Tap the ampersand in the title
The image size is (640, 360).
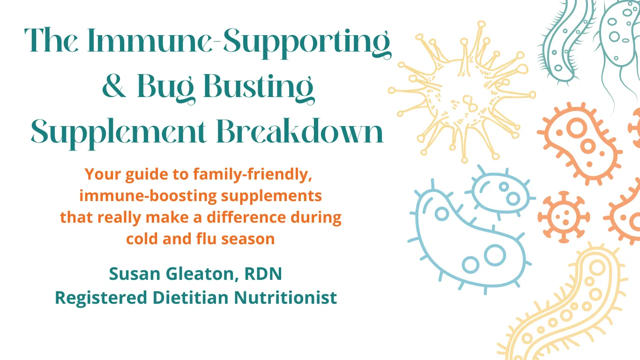pyautogui.click(x=114, y=88)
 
